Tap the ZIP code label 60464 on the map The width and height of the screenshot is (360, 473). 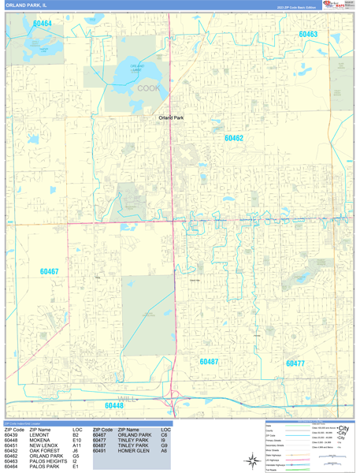tap(42, 24)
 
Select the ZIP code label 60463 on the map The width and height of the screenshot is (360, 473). tap(308, 35)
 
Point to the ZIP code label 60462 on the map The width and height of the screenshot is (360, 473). tap(233, 138)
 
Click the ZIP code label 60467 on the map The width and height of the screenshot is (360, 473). tap(49, 271)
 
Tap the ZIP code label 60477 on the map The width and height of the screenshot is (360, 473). tap(295, 363)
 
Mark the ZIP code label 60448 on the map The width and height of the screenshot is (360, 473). tap(115, 406)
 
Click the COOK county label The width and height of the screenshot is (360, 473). tap(148, 88)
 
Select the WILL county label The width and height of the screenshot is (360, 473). tap(128, 399)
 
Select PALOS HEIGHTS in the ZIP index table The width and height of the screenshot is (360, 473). tap(49, 462)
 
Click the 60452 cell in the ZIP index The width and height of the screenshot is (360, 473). tap(11, 451)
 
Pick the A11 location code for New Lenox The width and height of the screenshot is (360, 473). tap(76, 445)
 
